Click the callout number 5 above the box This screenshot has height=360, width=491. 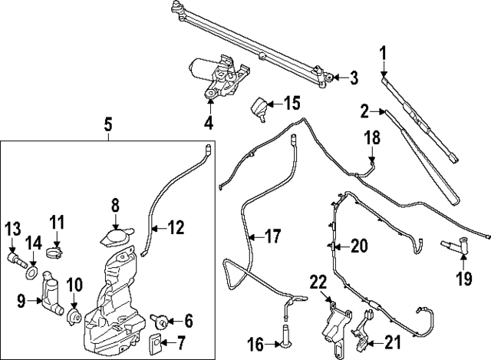[x=108, y=123]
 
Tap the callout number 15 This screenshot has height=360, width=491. [x=292, y=101]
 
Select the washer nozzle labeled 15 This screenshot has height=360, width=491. [x=262, y=107]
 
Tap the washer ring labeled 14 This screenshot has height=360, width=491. [x=31, y=272]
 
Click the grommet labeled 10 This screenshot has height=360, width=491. [x=75, y=315]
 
